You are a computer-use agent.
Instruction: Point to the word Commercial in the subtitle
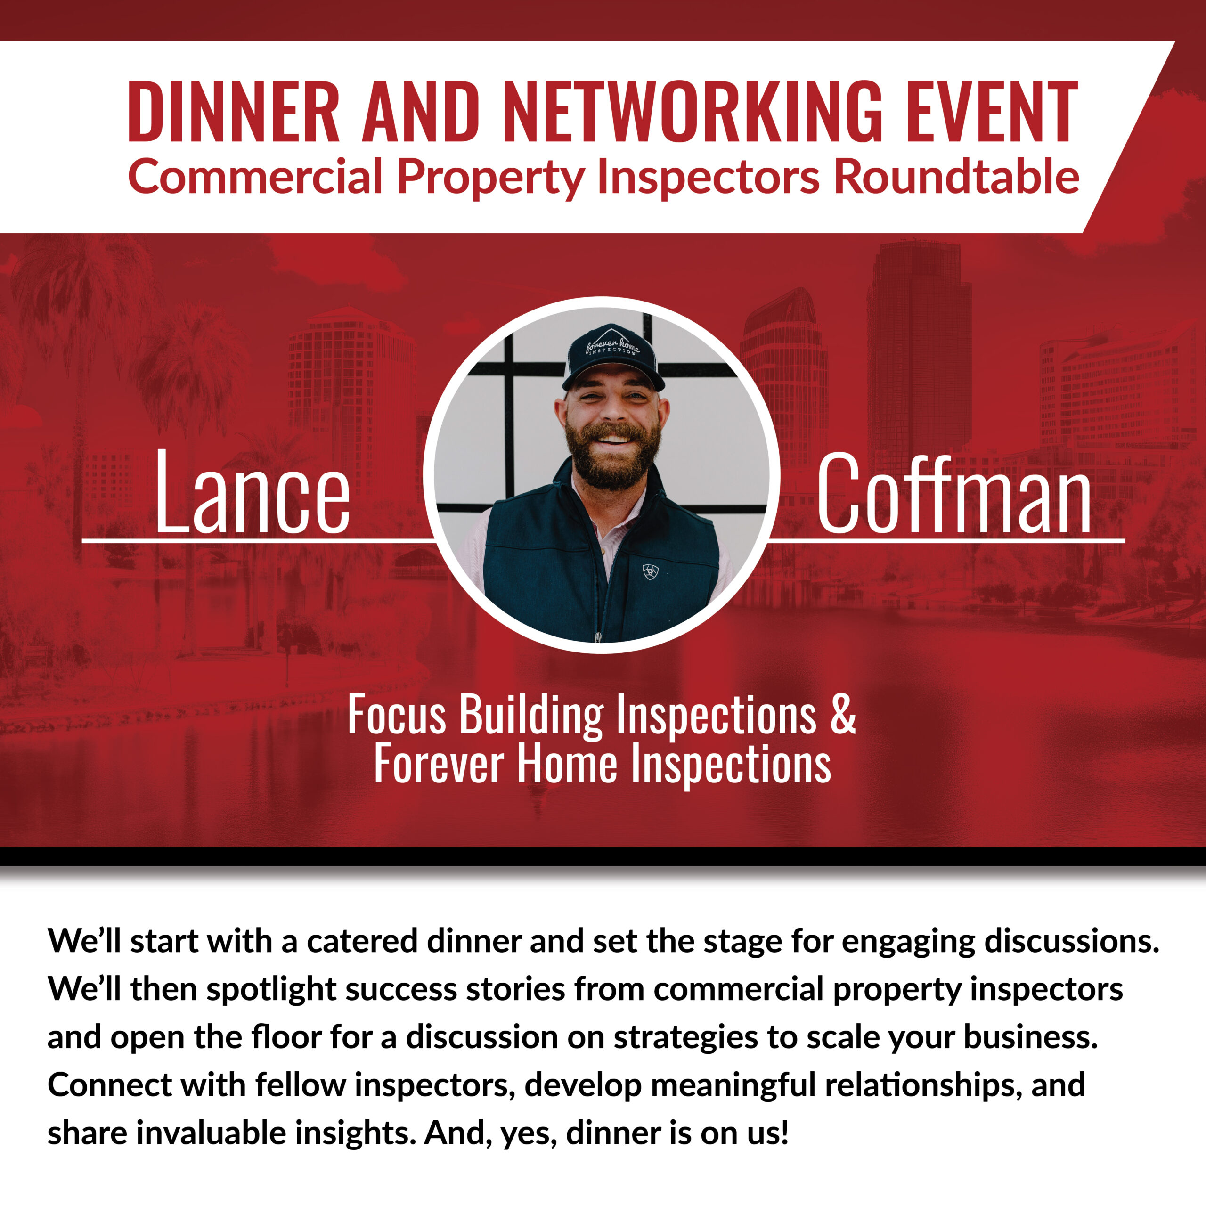point(255,177)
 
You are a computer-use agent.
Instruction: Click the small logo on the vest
point(651,571)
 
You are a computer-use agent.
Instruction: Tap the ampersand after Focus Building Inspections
point(843,714)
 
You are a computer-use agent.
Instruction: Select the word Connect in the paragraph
point(109,1085)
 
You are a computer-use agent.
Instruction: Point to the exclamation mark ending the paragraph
point(783,1133)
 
